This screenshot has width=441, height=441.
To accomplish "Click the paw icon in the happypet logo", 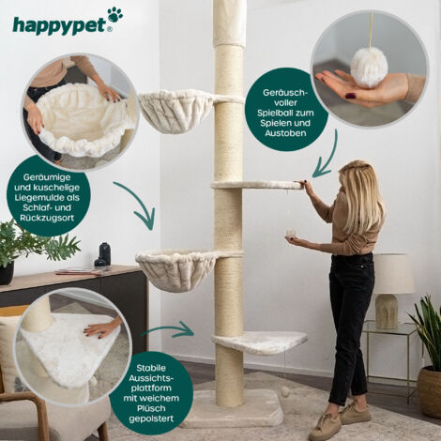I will (114, 15).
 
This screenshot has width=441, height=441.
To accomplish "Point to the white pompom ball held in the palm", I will (369, 67).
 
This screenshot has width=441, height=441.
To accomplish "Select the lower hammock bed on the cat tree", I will (176, 269).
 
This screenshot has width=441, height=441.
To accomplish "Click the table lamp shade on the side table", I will (393, 274).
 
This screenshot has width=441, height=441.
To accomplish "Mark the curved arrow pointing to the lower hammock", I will (137, 205).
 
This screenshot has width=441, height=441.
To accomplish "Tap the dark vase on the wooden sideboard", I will (104, 253).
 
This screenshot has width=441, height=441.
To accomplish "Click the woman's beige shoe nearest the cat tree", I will (325, 427).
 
